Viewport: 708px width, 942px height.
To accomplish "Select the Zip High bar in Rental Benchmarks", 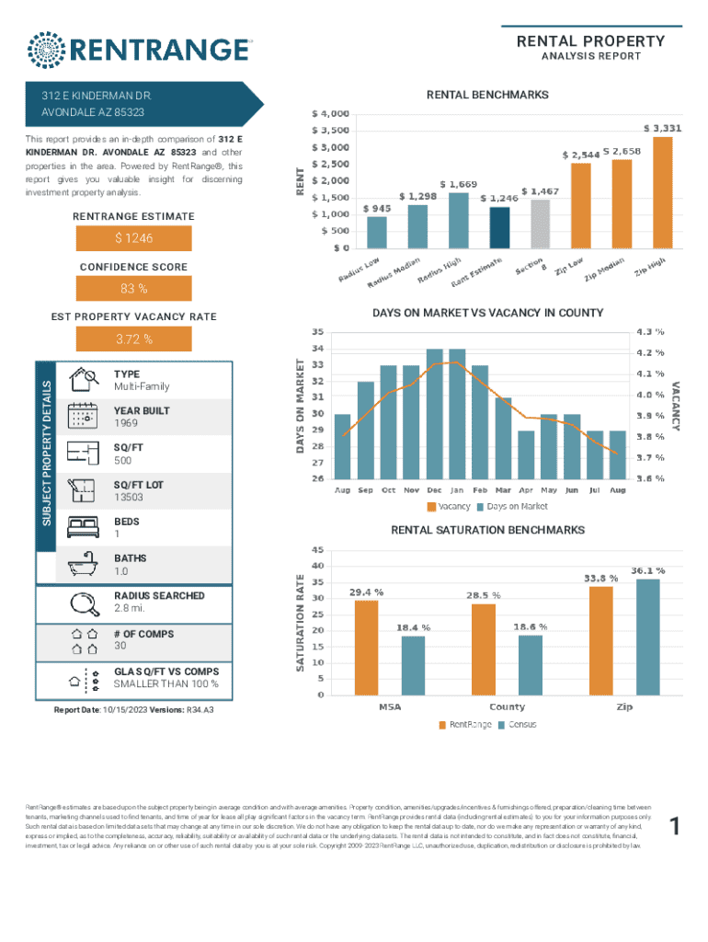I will click(662, 192).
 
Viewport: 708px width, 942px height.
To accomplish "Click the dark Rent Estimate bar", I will click(499, 227).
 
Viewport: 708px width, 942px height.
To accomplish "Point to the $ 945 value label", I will click(377, 209).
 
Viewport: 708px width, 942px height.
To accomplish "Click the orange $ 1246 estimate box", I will click(133, 238).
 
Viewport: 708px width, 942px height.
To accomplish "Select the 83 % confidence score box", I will click(133, 290).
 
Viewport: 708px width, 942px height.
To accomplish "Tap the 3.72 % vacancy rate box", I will click(133, 339).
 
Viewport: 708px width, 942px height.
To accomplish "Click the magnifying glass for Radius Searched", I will click(84, 603).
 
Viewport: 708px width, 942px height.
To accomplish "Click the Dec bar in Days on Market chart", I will click(434, 413).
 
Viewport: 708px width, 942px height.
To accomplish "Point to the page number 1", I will click(676, 829).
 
